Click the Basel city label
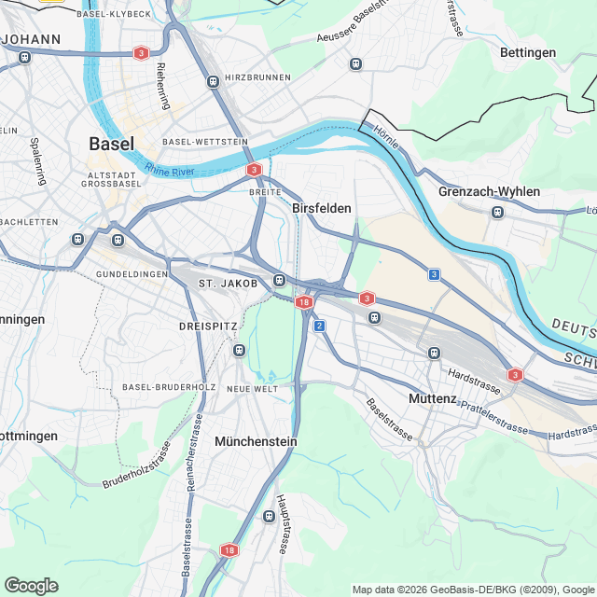point(111,144)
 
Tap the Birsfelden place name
point(322,208)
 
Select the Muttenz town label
point(433,398)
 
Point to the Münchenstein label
point(255,440)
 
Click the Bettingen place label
point(528,52)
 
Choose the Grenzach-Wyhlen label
point(489,191)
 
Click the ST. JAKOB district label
point(228,283)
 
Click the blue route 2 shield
point(319,326)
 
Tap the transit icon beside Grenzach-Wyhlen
point(497,212)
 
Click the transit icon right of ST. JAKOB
point(279,281)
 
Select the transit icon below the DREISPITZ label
point(240,351)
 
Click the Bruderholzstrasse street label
point(135,467)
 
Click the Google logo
point(31,585)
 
